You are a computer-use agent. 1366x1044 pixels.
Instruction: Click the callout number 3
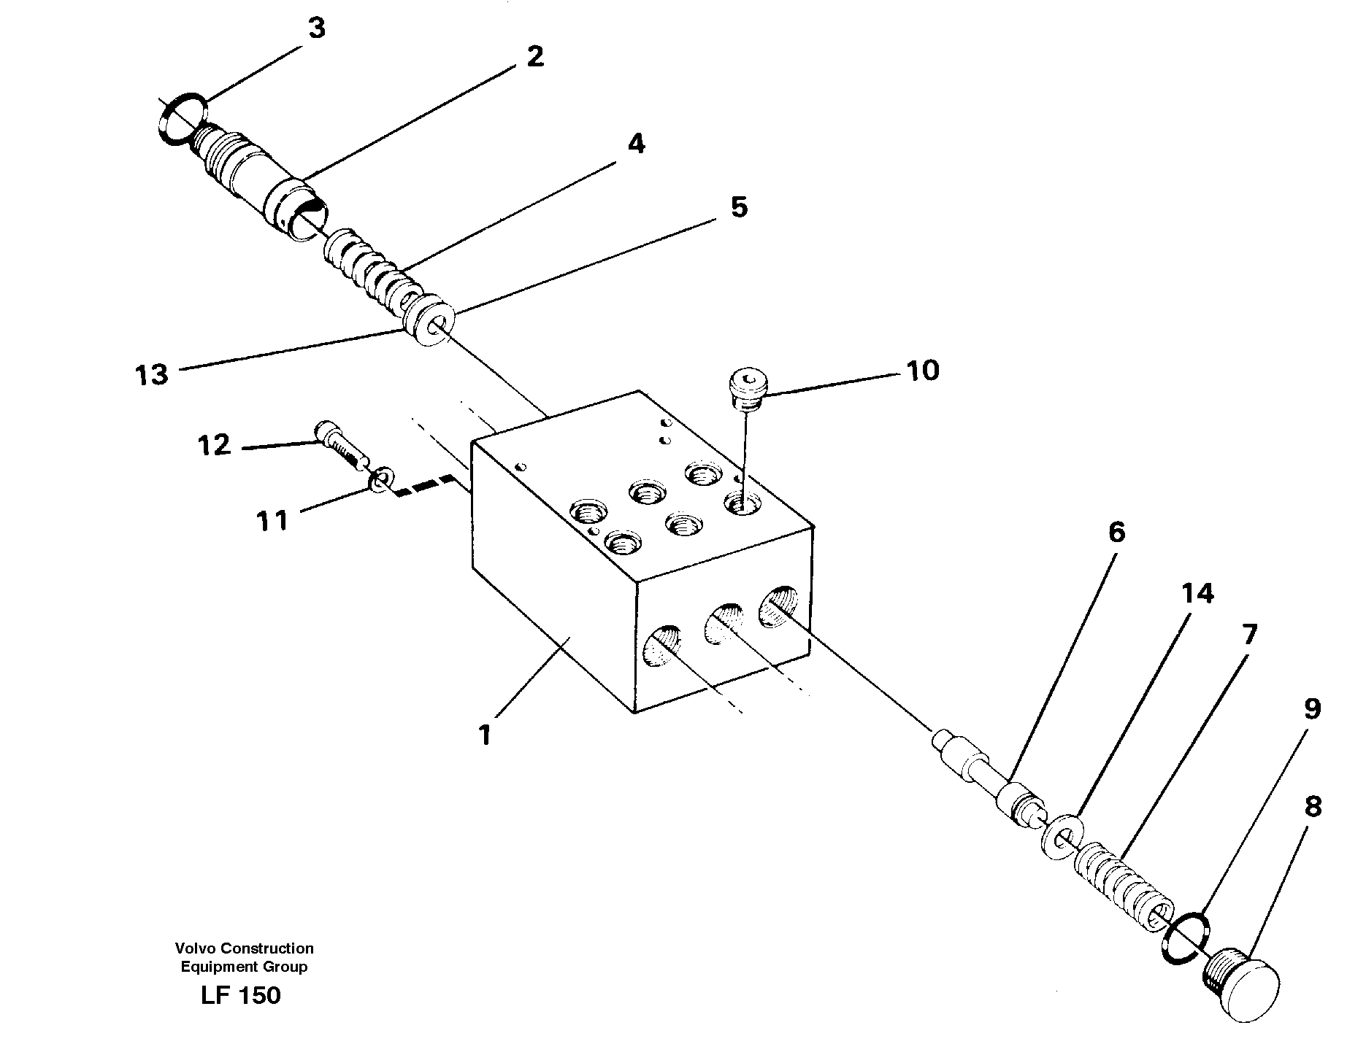(315, 29)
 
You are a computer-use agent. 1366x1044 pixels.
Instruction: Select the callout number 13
(152, 375)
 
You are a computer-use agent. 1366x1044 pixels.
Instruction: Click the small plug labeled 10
(748, 388)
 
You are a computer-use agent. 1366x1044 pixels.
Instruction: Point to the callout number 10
(922, 371)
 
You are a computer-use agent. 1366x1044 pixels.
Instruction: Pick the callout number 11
(272, 521)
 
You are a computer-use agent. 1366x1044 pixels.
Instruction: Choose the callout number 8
(1312, 808)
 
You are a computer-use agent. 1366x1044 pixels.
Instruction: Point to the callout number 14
(1197, 594)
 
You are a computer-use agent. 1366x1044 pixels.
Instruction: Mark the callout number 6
(1116, 533)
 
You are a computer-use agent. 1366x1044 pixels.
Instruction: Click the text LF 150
(240, 996)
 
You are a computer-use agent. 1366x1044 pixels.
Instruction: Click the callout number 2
(534, 57)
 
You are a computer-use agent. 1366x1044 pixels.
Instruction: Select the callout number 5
(739, 208)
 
